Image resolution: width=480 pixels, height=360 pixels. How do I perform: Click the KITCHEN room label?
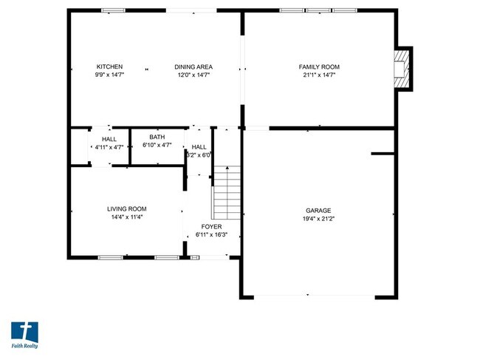(109, 67)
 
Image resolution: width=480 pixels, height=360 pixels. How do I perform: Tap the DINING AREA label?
(193, 67)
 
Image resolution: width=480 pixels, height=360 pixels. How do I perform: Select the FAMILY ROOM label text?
(319, 67)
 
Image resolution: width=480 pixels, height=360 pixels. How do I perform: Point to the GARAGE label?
(319, 211)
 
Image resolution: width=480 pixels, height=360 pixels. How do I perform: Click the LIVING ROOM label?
(127, 209)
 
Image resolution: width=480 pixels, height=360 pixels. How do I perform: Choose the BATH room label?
(157, 137)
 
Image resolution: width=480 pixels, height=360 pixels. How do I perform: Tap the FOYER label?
(212, 226)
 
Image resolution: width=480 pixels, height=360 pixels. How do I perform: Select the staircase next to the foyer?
(227, 192)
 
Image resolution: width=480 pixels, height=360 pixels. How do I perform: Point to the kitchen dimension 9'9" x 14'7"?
(109, 75)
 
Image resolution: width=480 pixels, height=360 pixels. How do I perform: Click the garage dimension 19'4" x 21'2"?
(319, 219)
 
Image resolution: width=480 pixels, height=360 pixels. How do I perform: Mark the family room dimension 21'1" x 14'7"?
(319, 75)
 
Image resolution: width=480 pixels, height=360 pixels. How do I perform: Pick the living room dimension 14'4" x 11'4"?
(127, 217)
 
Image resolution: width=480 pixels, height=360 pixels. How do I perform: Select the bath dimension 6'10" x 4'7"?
(157, 145)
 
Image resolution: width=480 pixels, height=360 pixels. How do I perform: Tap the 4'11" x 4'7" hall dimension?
(109, 147)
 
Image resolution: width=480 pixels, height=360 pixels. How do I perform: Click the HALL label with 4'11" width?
(109, 139)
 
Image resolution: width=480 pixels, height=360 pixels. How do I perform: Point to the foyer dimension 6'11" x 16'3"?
(212, 234)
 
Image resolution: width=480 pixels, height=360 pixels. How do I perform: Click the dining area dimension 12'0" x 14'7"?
(193, 75)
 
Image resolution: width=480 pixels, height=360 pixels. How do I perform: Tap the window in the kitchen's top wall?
(113, 10)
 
